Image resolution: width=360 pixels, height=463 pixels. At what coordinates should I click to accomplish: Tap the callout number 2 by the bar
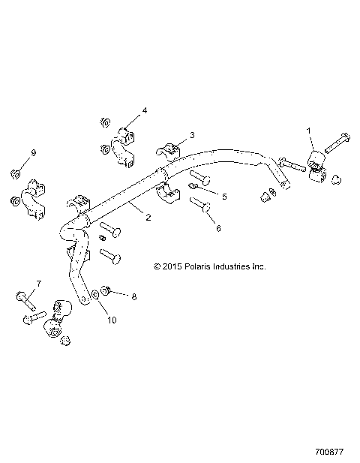click(x=148, y=218)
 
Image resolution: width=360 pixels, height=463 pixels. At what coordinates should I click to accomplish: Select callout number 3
click(x=192, y=135)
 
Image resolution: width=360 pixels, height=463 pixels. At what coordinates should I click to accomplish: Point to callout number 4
click(x=145, y=110)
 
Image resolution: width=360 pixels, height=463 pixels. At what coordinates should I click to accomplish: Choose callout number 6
click(x=218, y=228)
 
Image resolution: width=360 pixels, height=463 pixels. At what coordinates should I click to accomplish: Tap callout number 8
click(x=134, y=296)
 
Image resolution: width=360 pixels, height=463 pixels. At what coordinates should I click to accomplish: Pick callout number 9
click(x=33, y=153)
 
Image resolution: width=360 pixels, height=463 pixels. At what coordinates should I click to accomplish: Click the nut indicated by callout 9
click(x=16, y=174)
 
